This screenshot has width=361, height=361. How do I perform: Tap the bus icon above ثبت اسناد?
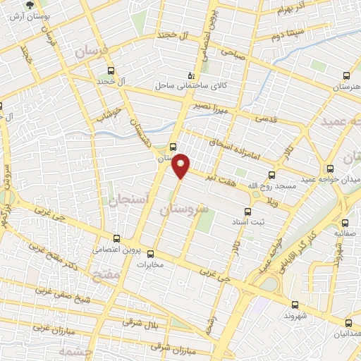[247, 211]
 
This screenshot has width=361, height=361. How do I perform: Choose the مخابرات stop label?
[148, 265]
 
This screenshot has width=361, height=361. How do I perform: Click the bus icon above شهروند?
[294, 305]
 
